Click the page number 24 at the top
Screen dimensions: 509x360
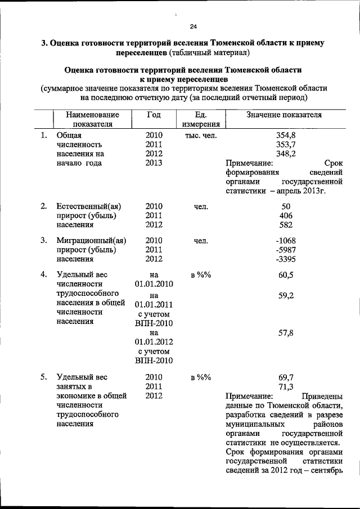193,26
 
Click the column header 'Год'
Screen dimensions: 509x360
154,114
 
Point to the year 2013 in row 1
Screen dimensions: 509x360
154,163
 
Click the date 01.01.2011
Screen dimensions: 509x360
154,305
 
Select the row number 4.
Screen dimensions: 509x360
43,274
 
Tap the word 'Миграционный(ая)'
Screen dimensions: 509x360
91,240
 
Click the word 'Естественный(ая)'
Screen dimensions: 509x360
89,206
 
